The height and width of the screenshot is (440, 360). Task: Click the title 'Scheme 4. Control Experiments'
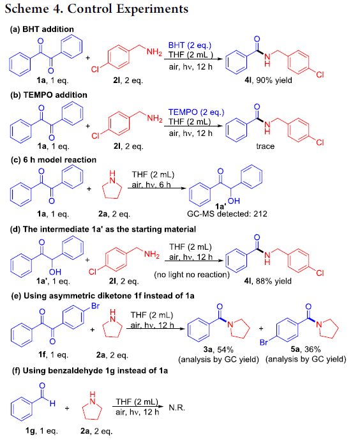tap(96, 9)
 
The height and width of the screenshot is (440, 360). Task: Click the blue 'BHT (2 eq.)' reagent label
tap(190, 45)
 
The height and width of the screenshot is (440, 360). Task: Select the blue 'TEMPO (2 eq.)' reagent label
tap(196, 112)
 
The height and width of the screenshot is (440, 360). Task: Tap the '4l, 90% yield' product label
tap(268, 80)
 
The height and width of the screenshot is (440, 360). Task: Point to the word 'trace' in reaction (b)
tap(266, 146)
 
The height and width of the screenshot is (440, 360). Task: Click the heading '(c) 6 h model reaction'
tap(53, 160)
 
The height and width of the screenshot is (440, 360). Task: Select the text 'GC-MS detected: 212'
tap(227, 214)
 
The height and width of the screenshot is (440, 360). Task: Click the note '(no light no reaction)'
tap(191, 275)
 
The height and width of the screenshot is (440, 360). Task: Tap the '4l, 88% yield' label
tap(267, 281)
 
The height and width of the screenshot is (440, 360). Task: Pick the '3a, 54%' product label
tap(218, 349)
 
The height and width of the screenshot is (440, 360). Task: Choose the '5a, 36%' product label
tap(305, 349)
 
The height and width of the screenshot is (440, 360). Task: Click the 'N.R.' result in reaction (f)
tap(177, 407)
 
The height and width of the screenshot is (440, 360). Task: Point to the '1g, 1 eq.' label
tap(41, 430)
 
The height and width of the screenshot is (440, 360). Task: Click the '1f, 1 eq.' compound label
tap(53, 354)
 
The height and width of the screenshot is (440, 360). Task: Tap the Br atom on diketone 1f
tap(95, 306)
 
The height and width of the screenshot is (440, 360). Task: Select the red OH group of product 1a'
tap(234, 201)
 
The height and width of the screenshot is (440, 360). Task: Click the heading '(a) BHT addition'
tap(41, 29)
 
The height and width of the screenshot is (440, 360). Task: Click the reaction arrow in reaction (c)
tap(157, 188)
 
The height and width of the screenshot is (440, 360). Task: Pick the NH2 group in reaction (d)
tap(152, 255)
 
